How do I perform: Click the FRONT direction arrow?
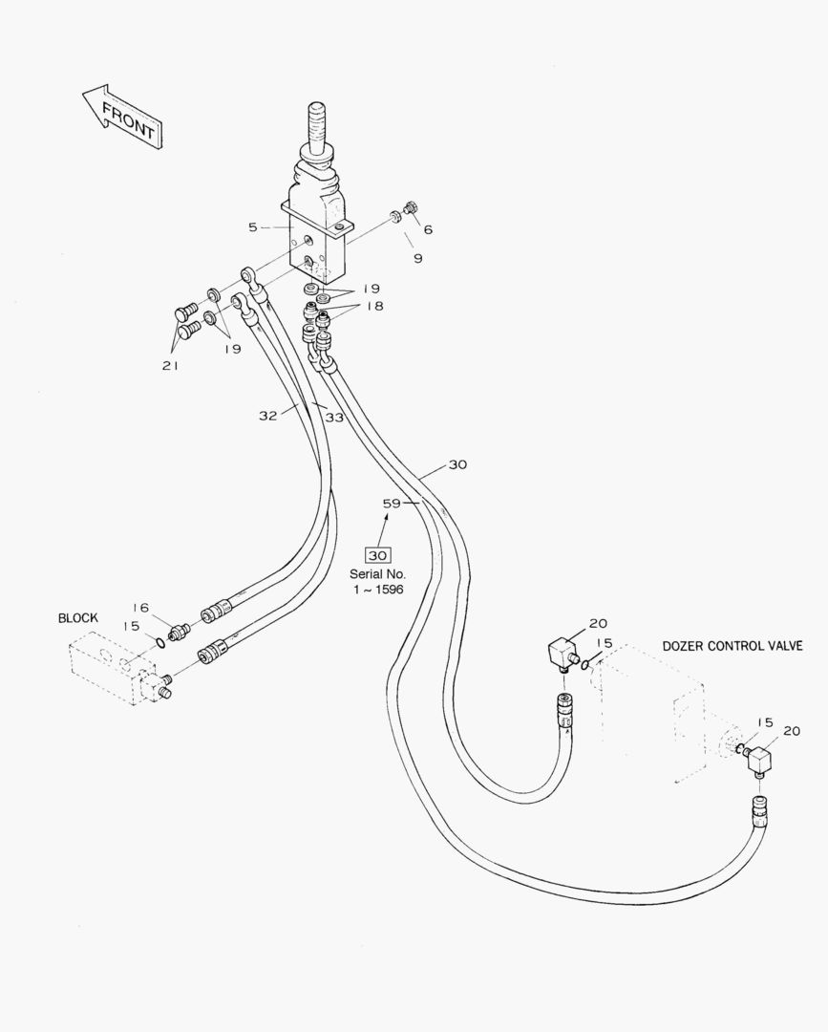coord(122,117)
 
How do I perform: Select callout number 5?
coord(252,227)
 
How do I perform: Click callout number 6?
coord(427,229)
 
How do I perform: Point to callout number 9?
coord(417,258)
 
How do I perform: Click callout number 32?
coord(268,415)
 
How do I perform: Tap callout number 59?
coord(392,503)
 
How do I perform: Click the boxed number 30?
coord(378,555)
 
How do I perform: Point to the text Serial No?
coord(378,574)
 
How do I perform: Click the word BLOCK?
coord(78,618)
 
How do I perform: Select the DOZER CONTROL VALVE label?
coord(732,646)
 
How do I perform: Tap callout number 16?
coord(140,607)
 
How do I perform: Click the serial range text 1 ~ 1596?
coord(378,590)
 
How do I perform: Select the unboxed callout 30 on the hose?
coord(457,465)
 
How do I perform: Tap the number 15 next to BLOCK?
coord(132,626)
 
